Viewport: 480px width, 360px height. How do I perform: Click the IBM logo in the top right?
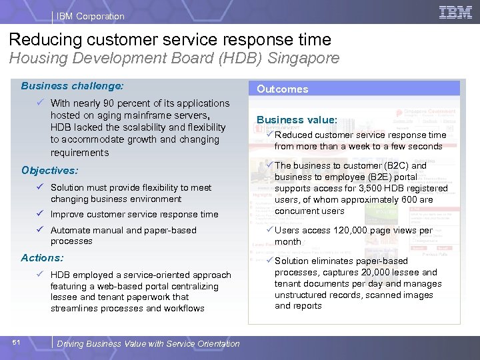[455, 12]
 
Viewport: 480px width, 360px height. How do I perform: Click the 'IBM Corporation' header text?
[91, 16]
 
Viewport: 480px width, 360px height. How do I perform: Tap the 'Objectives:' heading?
[49, 171]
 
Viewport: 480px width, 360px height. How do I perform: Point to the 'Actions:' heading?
[42, 258]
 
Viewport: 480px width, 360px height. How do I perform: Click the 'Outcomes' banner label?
[283, 89]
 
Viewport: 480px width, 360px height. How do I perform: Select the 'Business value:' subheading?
[297, 120]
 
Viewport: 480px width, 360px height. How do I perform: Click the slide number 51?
[17, 343]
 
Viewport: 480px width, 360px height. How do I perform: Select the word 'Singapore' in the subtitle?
[303, 58]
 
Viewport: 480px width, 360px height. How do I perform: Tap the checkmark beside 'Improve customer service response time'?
[41, 214]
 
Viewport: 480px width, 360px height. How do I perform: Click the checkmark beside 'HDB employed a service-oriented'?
[41, 275]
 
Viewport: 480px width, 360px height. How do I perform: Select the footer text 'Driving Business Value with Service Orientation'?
[148, 344]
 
